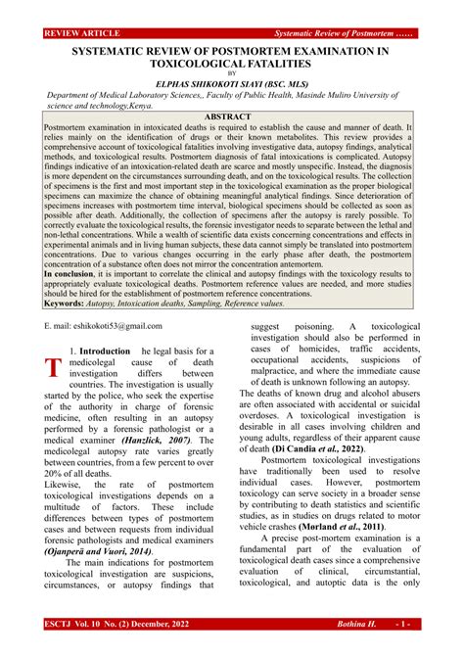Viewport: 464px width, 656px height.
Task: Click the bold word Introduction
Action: click(x=104, y=351)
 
